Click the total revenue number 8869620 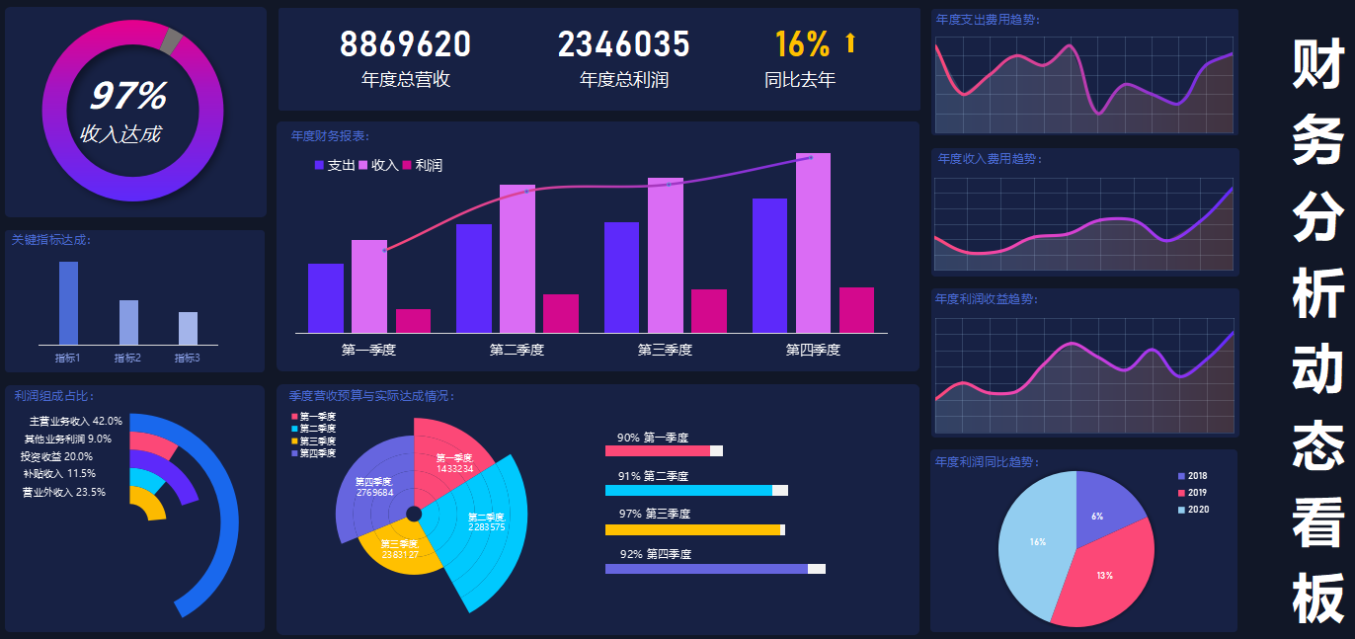click(405, 44)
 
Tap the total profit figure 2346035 click(623, 44)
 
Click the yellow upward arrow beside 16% click(850, 42)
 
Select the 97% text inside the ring click(127, 96)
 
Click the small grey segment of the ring click(171, 40)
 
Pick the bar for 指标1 click(68, 302)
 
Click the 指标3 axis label click(188, 358)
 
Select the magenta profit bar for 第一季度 click(413, 321)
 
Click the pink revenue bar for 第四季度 click(813, 243)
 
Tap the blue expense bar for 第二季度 click(473, 279)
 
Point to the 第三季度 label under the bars click(665, 350)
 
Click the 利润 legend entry click(422, 165)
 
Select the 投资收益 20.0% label click(56, 456)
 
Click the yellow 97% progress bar click(692, 529)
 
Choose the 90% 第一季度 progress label click(652, 438)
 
